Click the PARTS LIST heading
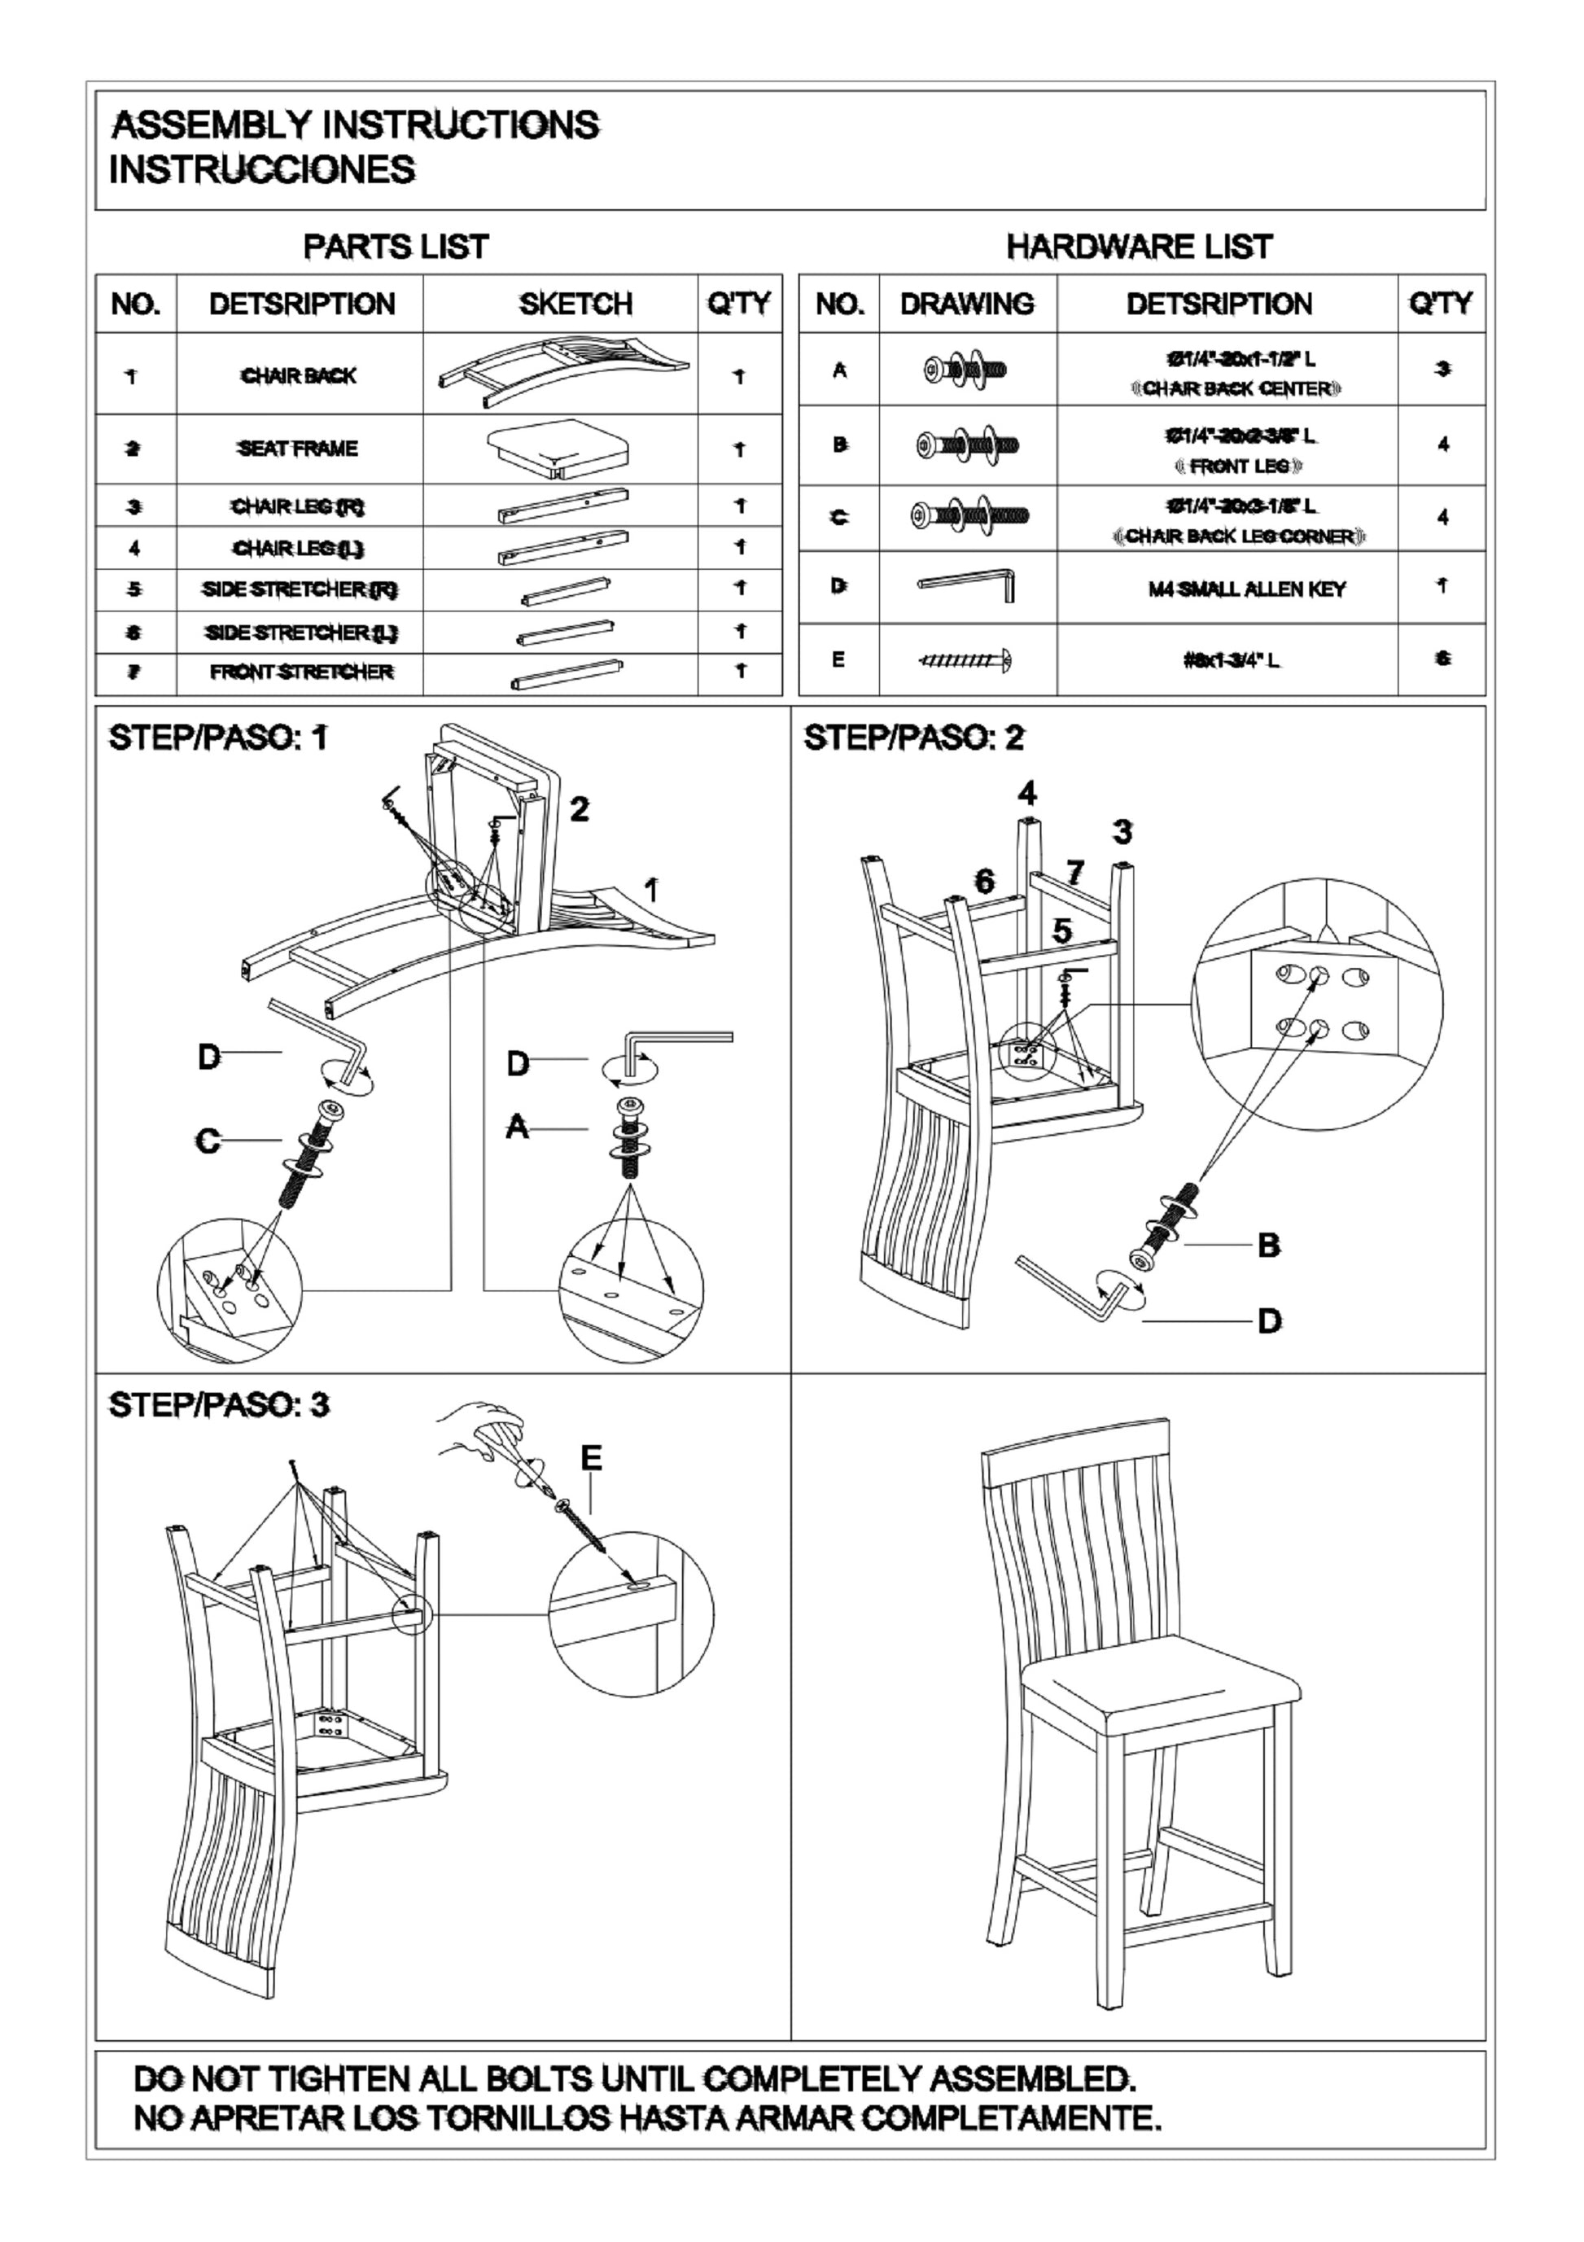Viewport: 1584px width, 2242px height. click(396, 247)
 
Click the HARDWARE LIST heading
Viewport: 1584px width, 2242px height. click(1139, 247)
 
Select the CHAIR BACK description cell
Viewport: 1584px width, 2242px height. click(299, 376)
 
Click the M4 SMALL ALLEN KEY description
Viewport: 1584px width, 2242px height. click(1247, 589)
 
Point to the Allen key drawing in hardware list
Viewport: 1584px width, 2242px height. click(967, 586)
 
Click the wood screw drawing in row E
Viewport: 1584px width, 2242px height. click(965, 660)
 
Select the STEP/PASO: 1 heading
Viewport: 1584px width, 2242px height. click(218, 738)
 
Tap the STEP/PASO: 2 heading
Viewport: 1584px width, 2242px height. click(913, 738)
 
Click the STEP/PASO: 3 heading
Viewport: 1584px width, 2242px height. click(218, 1405)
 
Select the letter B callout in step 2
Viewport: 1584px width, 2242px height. click(1268, 1245)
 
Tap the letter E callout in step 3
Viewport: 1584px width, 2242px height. click(591, 1459)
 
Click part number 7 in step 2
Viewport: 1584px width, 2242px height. click(1074, 871)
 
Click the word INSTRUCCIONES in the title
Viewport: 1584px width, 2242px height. click(262, 170)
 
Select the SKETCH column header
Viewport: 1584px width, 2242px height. click(575, 304)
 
